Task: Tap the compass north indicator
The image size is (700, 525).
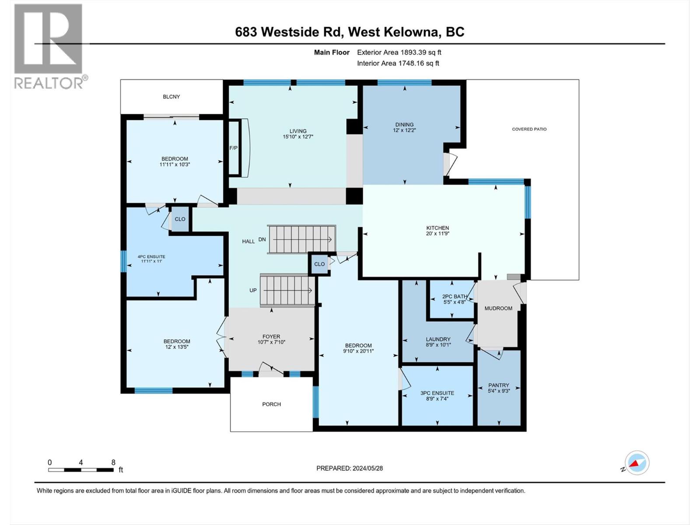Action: click(x=637, y=463)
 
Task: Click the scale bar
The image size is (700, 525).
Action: click(x=81, y=470)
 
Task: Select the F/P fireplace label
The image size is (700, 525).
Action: click(x=234, y=148)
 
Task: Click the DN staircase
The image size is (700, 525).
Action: click(x=302, y=239)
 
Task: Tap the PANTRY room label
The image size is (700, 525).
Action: click(x=499, y=385)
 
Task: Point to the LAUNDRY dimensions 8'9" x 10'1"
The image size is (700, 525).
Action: click(x=438, y=345)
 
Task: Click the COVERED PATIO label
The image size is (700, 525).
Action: click(x=529, y=129)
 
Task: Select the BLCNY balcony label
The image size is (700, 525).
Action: click(x=171, y=97)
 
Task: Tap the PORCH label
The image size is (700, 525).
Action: click(x=271, y=404)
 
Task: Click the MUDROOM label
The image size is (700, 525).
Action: click(x=498, y=308)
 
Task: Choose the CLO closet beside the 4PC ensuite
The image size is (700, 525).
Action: click(x=180, y=219)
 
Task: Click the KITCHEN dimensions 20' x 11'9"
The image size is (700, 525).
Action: click(x=437, y=234)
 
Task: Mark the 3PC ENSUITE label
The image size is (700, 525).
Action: click(x=437, y=393)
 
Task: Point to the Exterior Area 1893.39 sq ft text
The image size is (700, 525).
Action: click(x=399, y=52)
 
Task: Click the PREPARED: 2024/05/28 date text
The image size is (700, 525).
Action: click(x=349, y=468)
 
